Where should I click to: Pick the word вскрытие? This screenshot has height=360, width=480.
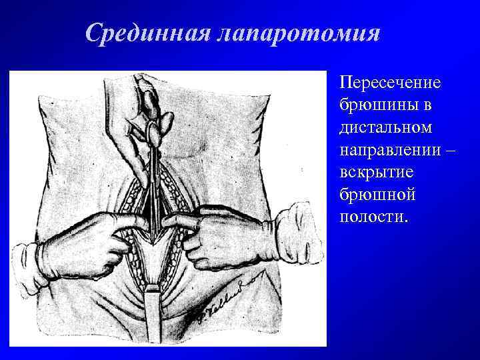tap(377, 171)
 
